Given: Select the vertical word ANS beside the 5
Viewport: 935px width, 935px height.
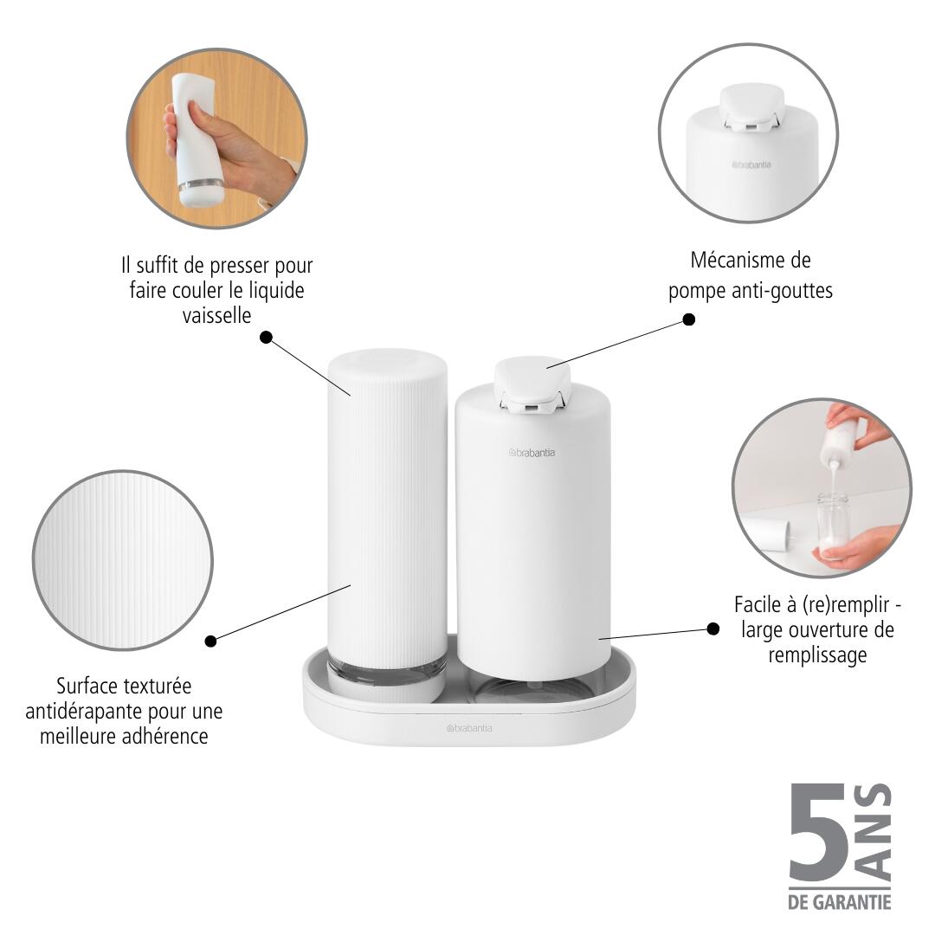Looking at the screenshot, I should click(876, 831).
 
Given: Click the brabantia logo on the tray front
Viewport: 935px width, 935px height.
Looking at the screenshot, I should click(470, 729).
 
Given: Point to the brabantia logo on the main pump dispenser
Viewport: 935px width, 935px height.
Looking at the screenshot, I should click(532, 451).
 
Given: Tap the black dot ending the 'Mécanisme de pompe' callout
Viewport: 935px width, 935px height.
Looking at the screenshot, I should click(689, 319).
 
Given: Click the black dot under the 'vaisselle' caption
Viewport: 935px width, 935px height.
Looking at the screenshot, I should click(266, 337).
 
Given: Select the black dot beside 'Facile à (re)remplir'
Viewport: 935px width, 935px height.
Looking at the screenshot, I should click(713, 629).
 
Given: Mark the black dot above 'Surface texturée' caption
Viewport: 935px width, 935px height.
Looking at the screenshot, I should click(210, 642).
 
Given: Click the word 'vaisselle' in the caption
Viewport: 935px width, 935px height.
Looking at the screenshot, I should click(216, 315).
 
